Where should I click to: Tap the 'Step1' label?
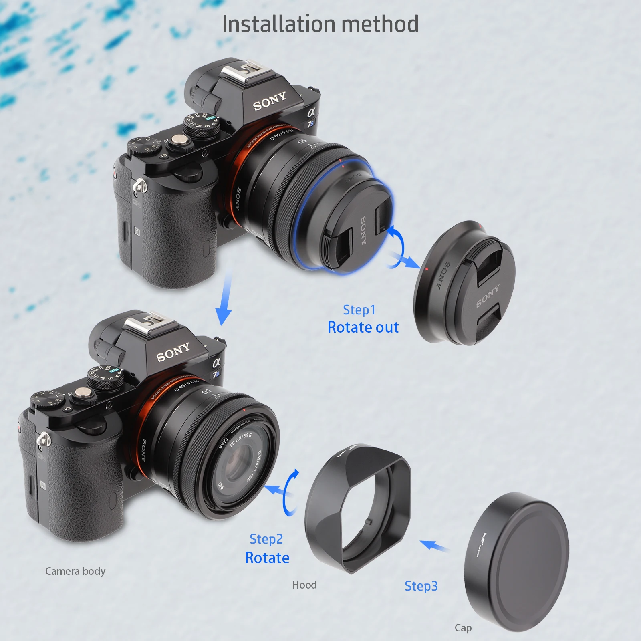click(x=359, y=310)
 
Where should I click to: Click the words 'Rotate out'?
click(x=363, y=327)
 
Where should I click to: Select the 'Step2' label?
click(x=266, y=539)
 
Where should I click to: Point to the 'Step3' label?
click(x=421, y=586)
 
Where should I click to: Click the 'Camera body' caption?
click(x=75, y=571)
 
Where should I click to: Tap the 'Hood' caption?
click(x=304, y=585)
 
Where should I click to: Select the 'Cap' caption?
click(x=463, y=628)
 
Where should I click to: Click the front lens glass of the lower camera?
click(x=236, y=465)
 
